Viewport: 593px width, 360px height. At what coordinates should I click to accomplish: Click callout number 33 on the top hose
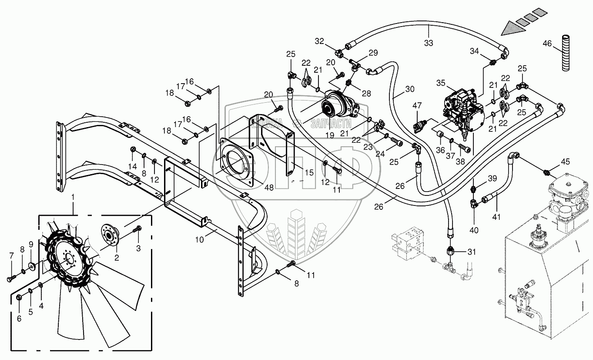tap(429, 43)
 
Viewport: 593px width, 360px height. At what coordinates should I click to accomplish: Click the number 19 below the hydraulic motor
tap(329, 135)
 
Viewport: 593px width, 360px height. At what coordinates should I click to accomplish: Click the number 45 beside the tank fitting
tap(565, 162)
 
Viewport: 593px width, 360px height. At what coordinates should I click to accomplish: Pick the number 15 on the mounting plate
tap(309, 173)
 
